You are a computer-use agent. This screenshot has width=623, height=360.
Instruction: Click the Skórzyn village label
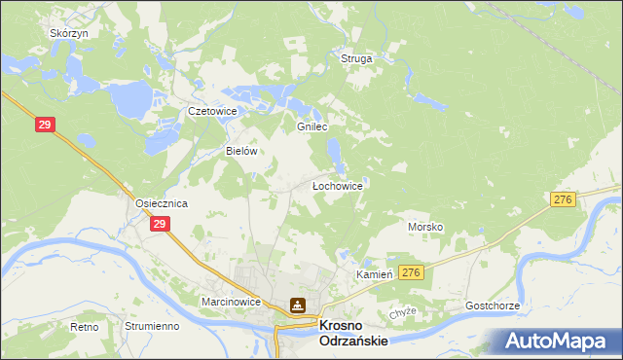point(69,32)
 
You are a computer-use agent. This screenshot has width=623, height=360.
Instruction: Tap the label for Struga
point(356,58)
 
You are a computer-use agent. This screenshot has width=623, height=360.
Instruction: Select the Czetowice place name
point(212,111)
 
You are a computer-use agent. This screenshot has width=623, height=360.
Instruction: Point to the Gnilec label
point(311,126)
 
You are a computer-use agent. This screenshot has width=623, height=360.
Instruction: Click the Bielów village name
point(240,151)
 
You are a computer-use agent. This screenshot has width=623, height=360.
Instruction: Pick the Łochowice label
point(337,184)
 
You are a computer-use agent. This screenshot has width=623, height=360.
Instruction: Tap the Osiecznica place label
point(161,202)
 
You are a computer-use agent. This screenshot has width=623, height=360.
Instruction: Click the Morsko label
point(425,226)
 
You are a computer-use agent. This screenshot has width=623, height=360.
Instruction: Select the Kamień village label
point(374,275)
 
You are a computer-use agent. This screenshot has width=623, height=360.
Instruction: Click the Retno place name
point(85,327)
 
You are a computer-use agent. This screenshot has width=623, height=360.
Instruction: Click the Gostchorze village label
point(493,306)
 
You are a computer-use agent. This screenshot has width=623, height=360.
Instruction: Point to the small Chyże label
point(403,311)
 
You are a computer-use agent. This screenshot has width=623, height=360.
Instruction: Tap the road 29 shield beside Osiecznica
point(161,224)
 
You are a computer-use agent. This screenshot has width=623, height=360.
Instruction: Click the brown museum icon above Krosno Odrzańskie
point(299,306)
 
